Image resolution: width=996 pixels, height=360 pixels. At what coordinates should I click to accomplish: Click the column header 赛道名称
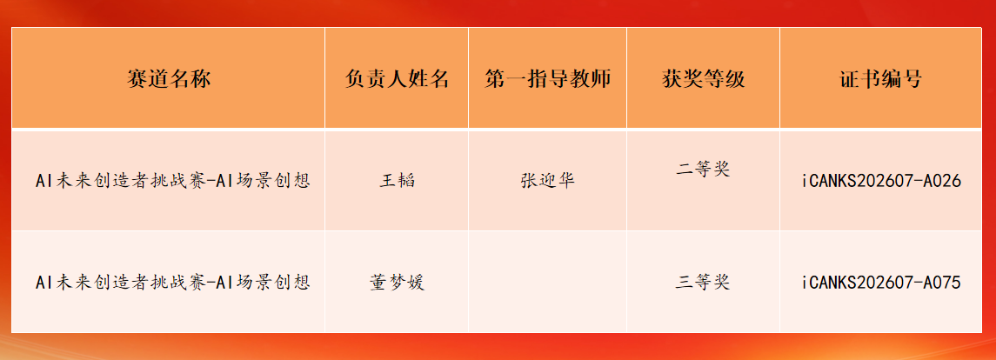[169, 79]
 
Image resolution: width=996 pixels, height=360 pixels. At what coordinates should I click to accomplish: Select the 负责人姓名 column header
[397, 79]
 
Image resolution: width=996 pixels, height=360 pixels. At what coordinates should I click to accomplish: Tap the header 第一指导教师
[547, 79]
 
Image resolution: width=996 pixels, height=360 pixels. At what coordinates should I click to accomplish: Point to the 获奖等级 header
[703, 79]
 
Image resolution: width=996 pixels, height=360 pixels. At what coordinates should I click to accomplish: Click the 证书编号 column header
[880, 79]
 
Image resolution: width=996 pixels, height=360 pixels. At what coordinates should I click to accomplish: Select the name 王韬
[397, 181]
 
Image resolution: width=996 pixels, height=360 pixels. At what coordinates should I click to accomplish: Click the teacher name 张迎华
[547, 181]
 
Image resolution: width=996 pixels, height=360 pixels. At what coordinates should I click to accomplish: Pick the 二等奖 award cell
[703, 170]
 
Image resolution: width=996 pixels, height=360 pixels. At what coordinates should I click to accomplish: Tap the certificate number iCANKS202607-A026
[880, 181]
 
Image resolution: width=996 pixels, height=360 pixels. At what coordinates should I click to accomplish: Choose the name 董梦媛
[397, 282]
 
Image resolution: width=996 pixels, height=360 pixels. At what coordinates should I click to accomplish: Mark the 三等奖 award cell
[703, 282]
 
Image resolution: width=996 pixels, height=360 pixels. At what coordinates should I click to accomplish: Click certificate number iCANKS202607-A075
[880, 282]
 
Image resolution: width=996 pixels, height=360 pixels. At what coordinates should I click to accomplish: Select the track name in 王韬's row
[173, 181]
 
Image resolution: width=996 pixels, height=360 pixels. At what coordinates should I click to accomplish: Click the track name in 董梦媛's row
[173, 282]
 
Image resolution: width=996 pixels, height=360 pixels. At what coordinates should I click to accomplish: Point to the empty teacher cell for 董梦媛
[547, 282]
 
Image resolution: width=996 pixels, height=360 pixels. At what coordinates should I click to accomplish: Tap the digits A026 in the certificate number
[943, 181]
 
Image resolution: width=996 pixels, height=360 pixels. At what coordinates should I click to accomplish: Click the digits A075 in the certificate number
[943, 282]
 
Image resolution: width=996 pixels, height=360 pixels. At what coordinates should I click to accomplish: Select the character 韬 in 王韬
[406, 181]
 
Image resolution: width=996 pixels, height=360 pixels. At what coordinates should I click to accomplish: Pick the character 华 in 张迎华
[566, 181]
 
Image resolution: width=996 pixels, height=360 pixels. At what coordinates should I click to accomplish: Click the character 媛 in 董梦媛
[416, 282]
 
